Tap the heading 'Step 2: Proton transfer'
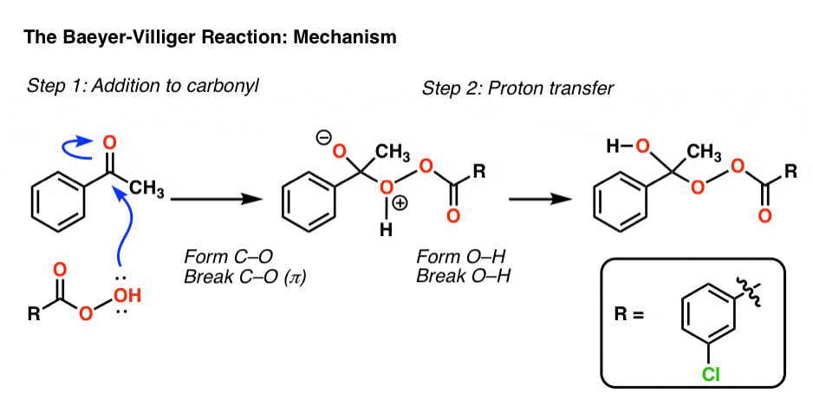click(x=501, y=88)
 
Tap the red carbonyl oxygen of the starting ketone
click(x=109, y=141)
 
